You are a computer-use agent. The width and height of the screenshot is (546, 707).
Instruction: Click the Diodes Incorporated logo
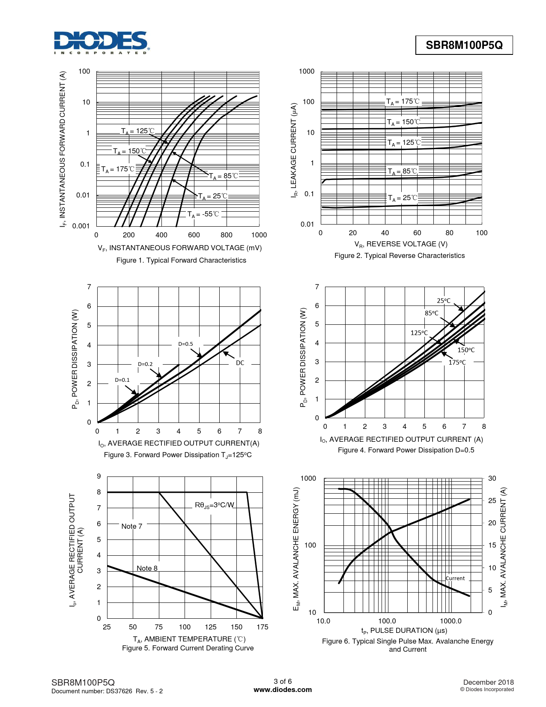(101, 42)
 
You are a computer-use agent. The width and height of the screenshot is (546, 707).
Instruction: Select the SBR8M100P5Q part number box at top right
(464, 45)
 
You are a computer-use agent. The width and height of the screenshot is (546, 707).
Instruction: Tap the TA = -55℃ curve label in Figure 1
(203, 214)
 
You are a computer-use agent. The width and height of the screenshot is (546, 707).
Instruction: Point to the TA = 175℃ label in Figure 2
(403, 102)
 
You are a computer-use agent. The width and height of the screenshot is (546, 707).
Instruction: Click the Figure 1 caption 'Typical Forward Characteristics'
(181, 261)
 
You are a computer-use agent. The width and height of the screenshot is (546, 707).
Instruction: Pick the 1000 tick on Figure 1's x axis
(259, 235)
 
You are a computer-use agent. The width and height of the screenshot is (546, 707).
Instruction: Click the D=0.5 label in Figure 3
(185, 344)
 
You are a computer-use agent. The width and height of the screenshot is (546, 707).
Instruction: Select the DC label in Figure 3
(240, 363)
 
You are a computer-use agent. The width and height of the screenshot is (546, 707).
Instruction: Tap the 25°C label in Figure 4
(444, 301)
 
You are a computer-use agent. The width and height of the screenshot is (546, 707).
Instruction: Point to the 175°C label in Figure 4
(457, 362)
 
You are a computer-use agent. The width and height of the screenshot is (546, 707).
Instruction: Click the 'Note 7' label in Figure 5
(131, 526)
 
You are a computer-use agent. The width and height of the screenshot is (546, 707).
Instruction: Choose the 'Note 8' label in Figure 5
(147, 568)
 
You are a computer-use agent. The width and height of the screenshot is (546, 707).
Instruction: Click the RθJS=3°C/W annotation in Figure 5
(215, 505)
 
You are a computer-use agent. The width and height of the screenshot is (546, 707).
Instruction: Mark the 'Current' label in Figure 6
(455, 578)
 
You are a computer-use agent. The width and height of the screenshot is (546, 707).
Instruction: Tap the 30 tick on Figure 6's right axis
(492, 479)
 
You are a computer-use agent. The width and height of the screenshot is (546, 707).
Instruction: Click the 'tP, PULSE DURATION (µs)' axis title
(404, 631)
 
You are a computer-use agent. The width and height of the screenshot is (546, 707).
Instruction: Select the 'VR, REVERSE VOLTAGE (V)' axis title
(401, 244)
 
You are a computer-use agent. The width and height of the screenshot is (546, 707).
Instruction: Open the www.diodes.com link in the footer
(283, 690)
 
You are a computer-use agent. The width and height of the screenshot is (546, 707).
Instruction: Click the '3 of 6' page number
(283, 682)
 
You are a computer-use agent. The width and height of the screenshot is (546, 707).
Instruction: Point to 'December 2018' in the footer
(488, 682)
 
